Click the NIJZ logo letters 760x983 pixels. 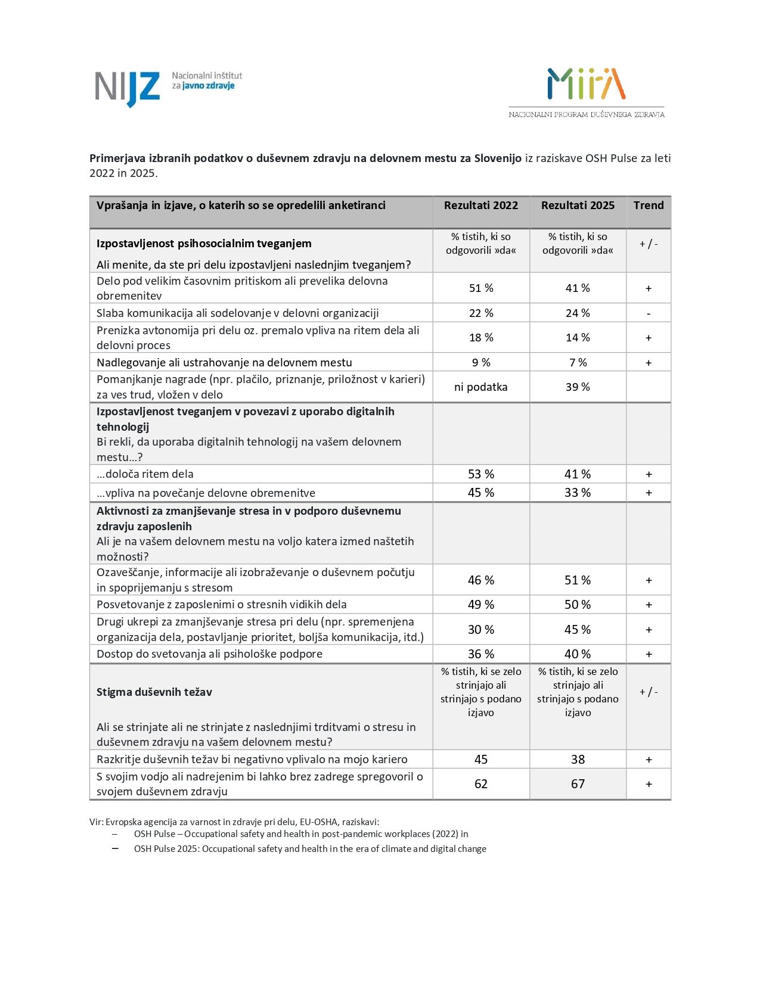point(128,88)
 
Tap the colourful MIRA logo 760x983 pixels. point(586,83)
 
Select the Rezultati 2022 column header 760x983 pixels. point(481,206)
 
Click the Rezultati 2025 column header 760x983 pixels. point(578,206)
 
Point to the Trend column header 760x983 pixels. point(649,206)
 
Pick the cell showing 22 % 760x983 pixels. point(481,313)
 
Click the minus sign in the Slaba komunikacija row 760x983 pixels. point(649,313)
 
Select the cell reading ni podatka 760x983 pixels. point(481,387)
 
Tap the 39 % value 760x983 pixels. point(578,387)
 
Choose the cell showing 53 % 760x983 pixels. point(481,474)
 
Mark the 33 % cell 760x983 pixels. point(578,493)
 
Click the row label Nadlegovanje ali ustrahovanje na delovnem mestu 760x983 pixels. point(224,362)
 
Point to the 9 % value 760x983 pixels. point(481,362)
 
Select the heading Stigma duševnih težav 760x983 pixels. point(154,692)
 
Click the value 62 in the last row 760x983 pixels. point(481,784)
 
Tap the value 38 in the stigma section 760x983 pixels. point(578,760)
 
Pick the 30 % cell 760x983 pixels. point(481,630)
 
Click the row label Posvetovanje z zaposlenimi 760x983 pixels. point(222,605)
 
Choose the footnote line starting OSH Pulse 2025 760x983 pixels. point(310,849)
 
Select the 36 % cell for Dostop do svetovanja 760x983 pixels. point(481,654)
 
